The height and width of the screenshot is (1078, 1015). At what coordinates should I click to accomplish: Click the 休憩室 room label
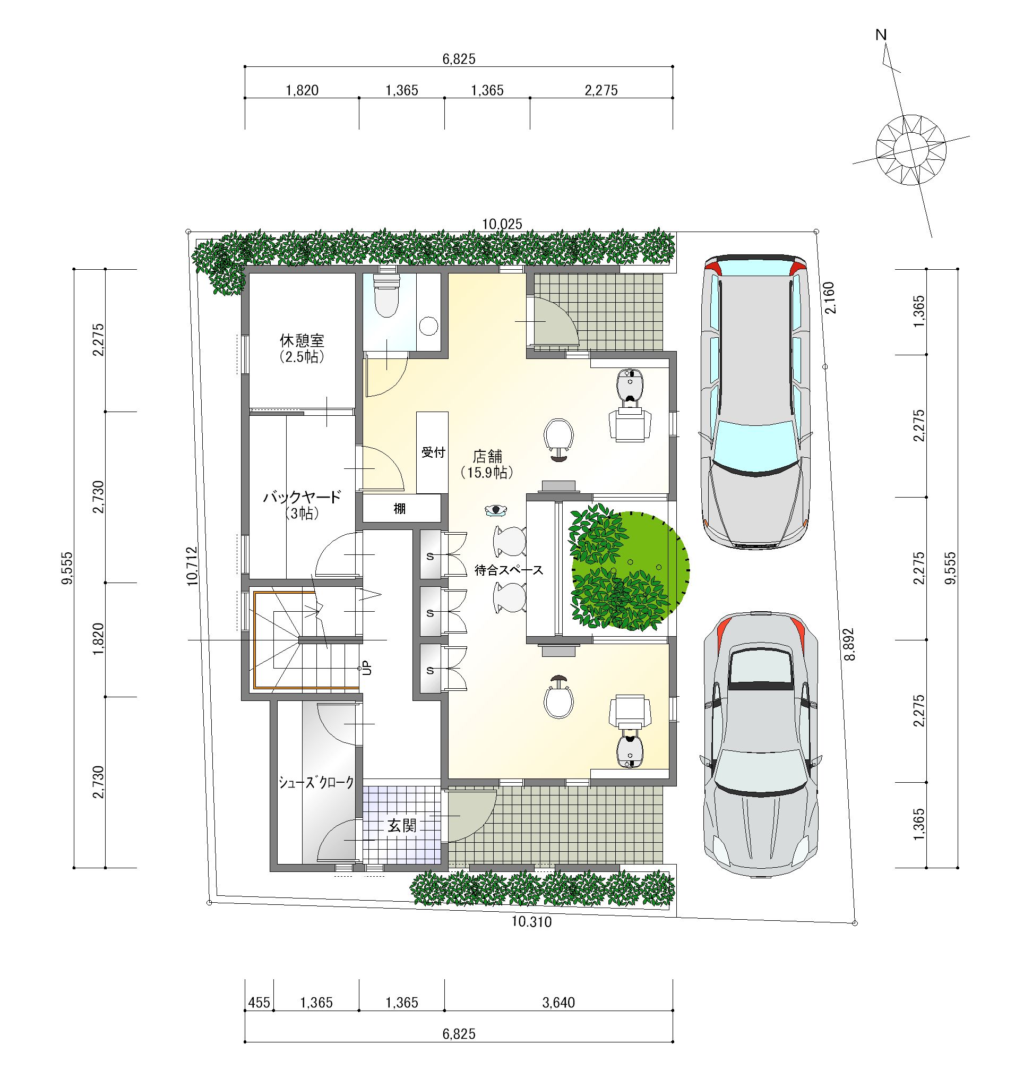[302, 340]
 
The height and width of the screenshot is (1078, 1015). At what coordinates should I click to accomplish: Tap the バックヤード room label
[302, 497]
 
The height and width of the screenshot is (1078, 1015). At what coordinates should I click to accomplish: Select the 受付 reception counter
[432, 453]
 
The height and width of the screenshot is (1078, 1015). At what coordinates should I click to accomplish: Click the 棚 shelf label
[400, 509]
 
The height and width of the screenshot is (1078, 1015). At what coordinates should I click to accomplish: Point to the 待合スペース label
[509, 570]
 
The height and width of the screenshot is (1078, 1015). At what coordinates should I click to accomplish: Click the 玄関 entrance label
[402, 825]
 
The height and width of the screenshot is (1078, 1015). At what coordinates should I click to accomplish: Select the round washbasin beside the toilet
[429, 326]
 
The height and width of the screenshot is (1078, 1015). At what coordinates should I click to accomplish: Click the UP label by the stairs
[367, 668]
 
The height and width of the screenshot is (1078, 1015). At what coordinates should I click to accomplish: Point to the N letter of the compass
[881, 35]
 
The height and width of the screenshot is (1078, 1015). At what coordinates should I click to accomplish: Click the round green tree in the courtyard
[629, 570]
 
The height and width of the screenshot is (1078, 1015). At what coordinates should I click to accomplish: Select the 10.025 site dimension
[502, 224]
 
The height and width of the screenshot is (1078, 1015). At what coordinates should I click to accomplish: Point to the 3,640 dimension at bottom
[558, 1002]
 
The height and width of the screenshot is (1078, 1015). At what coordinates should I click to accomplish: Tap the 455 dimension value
[259, 1002]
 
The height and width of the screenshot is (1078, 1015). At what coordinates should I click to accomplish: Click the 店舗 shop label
[487, 456]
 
